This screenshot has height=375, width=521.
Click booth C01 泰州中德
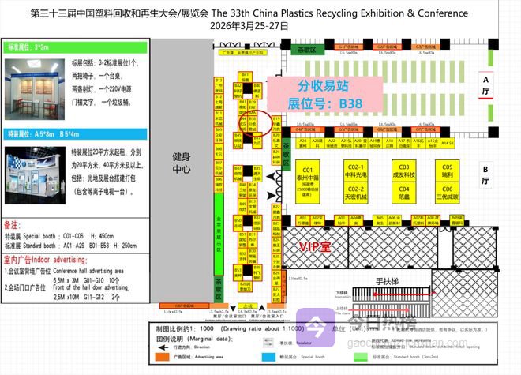click(x=308, y=179)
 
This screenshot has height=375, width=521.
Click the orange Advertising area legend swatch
click(x=167, y=356)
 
